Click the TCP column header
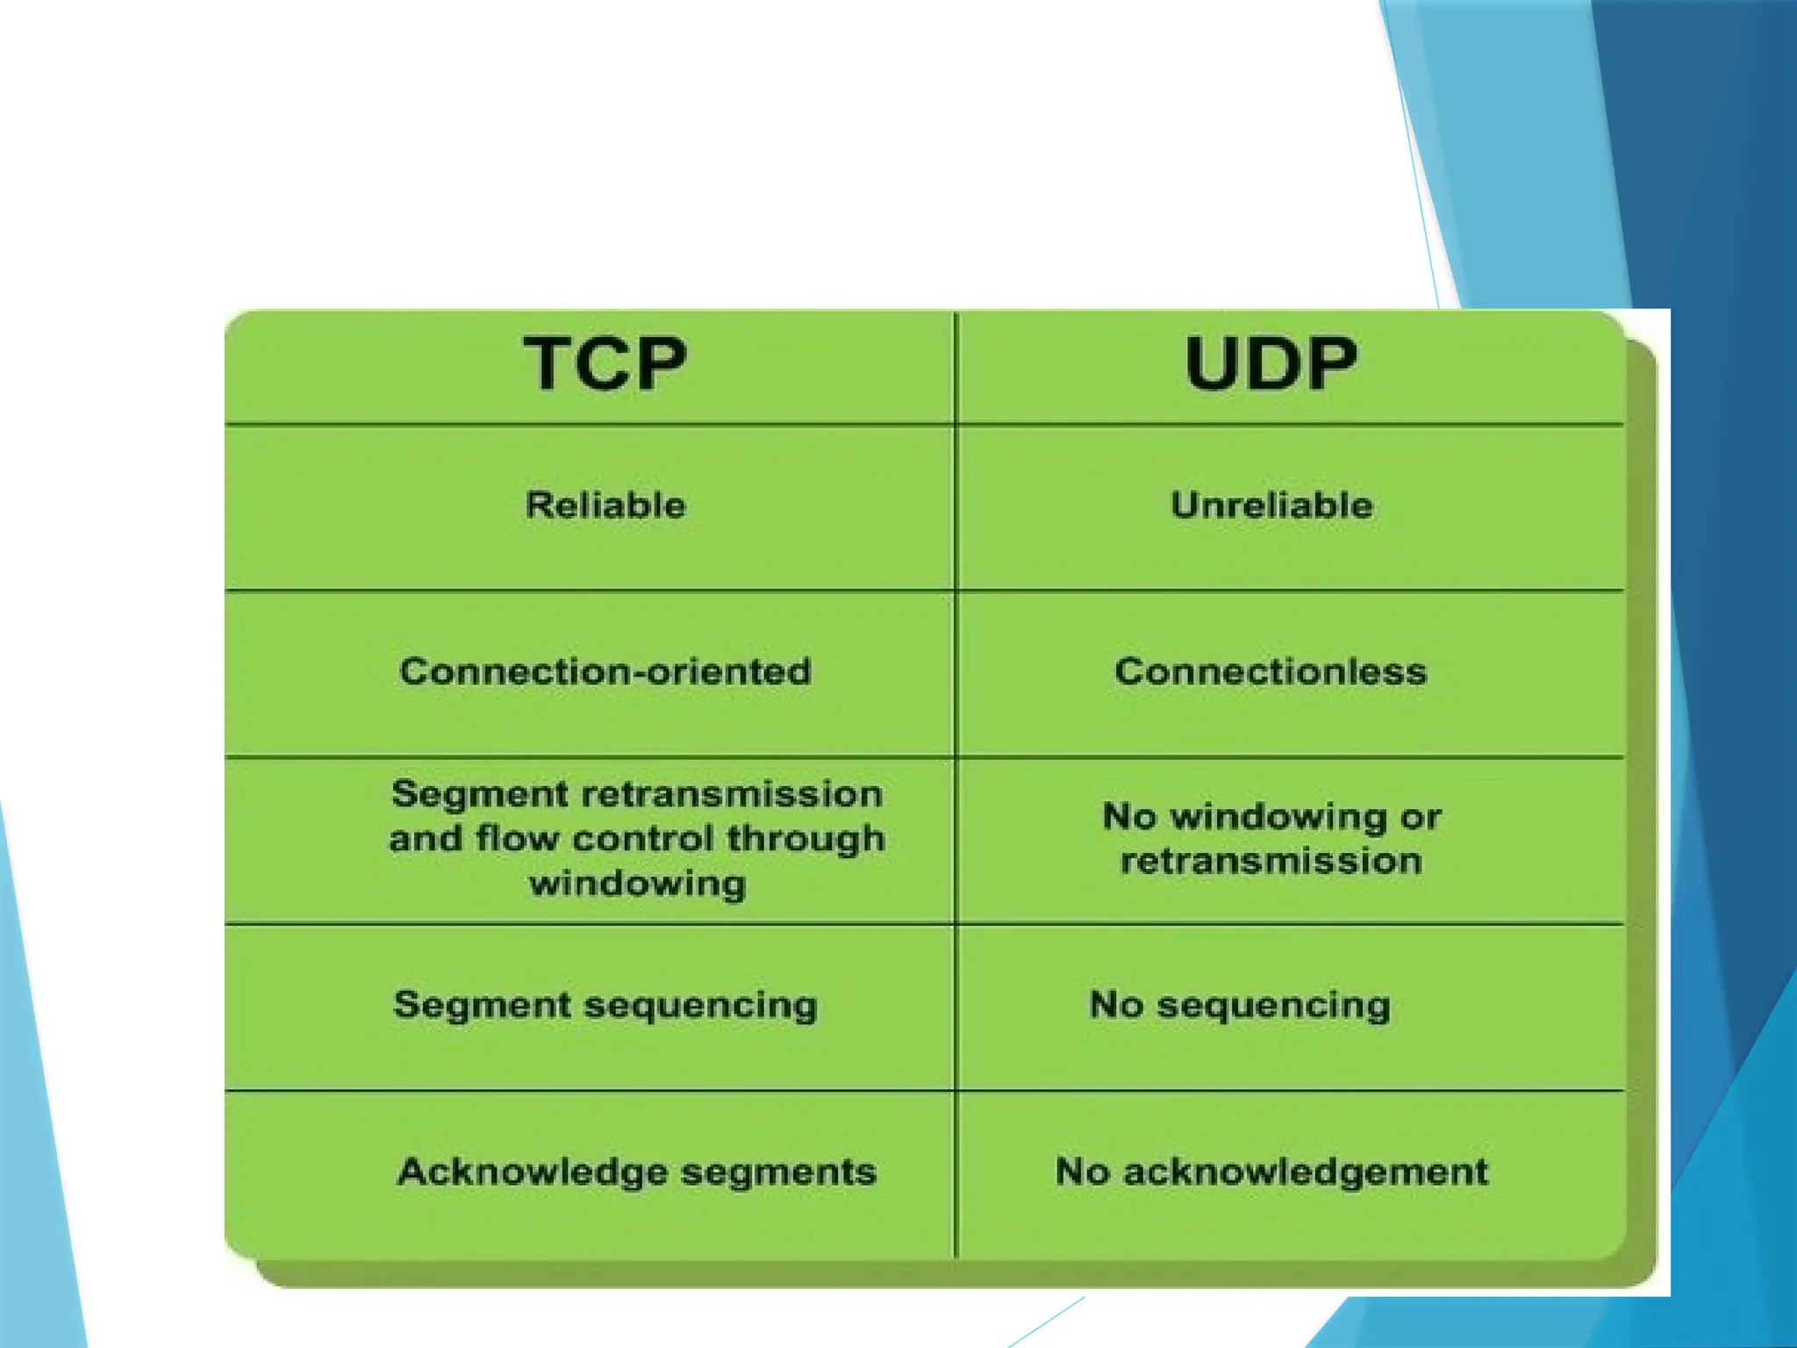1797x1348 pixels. (x=605, y=363)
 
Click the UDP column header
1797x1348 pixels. (x=1271, y=363)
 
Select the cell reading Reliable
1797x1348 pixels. (x=605, y=505)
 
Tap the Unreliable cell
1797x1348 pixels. (x=1271, y=505)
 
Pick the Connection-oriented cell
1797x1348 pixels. (x=605, y=672)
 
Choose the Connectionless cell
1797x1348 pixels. (x=1271, y=672)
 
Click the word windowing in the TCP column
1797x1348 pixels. (x=638, y=883)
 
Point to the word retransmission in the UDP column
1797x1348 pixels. (x=1271, y=861)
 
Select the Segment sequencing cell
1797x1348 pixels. (x=605, y=1006)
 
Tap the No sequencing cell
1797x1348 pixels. (x=1240, y=1006)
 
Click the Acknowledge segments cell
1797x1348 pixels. (x=637, y=1172)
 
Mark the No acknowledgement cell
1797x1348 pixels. (x=1271, y=1172)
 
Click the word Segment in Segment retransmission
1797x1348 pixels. (x=480, y=795)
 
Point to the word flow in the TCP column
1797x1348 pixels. (x=517, y=839)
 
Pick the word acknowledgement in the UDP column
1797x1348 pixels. (x=1306, y=1172)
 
